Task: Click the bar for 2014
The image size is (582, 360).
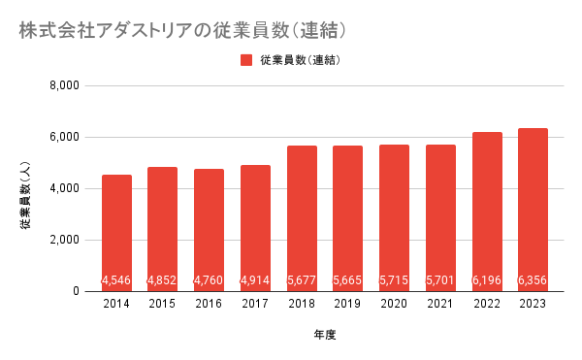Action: click(x=116, y=233)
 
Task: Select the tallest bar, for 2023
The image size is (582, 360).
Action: click(x=533, y=210)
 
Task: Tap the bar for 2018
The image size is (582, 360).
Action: click(x=302, y=218)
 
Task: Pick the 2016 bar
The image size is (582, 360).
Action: click(x=209, y=230)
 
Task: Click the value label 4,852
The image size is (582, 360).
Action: click(x=162, y=280)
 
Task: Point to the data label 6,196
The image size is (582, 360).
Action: click(x=487, y=280)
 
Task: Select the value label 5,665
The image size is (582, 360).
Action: click(x=347, y=280)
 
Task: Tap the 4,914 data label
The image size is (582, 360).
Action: click(x=255, y=280)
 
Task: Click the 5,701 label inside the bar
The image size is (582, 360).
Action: click(x=440, y=280)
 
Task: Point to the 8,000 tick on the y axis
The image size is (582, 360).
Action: click(x=65, y=85)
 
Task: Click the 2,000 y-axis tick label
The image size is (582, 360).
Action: click(x=65, y=240)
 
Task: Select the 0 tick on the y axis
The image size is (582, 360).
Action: click(x=76, y=291)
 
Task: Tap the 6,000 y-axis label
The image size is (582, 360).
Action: click(x=65, y=138)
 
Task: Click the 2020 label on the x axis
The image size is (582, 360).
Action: click(x=394, y=304)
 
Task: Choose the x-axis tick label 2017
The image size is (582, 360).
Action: click(x=255, y=304)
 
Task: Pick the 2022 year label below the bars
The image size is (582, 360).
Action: click(x=487, y=304)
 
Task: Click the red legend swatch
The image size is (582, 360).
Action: click(x=246, y=60)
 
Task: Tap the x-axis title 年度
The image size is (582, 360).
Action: click(x=325, y=335)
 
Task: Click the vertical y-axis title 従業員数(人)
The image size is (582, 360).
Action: click(x=25, y=196)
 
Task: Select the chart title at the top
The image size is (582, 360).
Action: click(x=182, y=30)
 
